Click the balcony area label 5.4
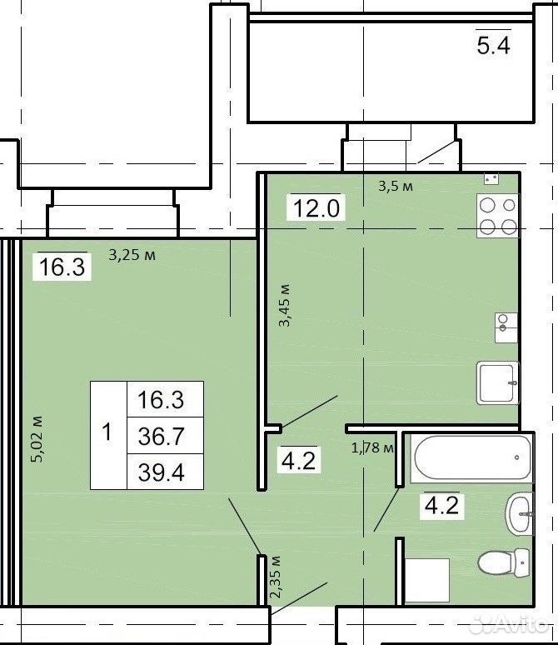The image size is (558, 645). point(493,45)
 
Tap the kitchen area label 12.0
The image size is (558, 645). point(316,207)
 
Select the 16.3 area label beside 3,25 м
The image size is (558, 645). point(62,267)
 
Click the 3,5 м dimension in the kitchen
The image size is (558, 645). point(395,187)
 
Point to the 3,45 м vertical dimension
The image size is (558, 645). point(285,305)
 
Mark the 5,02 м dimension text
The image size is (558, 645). point(37,440)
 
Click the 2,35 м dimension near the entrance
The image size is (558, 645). point(275,577)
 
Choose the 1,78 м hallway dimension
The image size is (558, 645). point(372,447)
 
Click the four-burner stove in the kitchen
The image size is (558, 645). point(497,216)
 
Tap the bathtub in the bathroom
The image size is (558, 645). point(472,457)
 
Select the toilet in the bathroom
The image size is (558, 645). point(504,562)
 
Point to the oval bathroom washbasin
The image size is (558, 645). point(520,514)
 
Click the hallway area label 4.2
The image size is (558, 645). point(299,460)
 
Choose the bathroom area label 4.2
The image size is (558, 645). point(441,505)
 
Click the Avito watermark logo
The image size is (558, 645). point(510,625)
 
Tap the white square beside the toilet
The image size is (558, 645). point(426,581)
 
